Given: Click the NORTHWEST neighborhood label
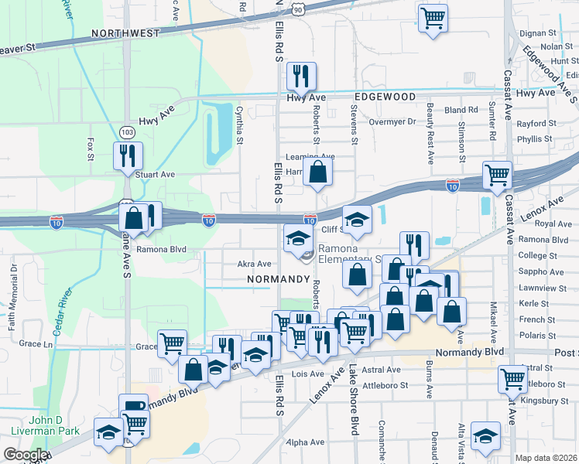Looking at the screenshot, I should [125, 33].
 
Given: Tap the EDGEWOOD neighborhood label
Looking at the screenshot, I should [385, 97].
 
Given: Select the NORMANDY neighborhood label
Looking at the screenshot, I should [278, 278].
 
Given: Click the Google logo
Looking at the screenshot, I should [25, 455].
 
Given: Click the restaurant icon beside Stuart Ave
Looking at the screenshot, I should [124, 156].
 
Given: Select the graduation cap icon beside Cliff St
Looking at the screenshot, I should [357, 220].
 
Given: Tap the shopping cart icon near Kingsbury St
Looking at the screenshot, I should [512, 379].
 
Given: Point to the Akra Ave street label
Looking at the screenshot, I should [254, 264].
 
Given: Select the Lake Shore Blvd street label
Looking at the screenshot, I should [354, 399].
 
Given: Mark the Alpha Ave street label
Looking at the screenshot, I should [304, 442].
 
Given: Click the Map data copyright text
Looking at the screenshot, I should [543, 457].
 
